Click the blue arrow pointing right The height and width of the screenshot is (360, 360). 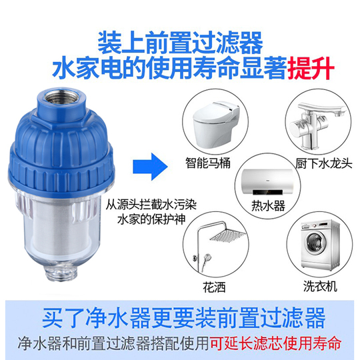coord(151,166)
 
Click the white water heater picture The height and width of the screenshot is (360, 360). coord(267,182)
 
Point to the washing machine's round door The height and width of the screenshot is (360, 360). coord(316,242)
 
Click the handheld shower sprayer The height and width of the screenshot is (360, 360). coord(205,261)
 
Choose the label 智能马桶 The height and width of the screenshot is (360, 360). coord(208,163)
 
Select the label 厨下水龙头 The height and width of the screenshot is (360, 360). coord(323,163)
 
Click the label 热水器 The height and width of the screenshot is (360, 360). coord(268,205)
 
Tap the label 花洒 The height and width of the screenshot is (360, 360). coord(214,287)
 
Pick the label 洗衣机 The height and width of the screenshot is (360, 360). coord(320,286)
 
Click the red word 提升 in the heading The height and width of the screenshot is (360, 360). coord(311,68)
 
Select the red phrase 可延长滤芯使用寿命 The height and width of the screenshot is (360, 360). coord(275,343)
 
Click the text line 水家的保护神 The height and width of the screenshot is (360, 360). coord(151,219)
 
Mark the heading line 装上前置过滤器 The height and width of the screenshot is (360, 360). coord(180,43)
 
